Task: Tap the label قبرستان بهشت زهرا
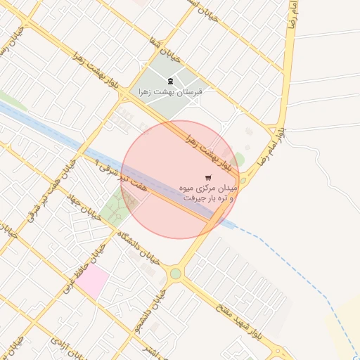[x=170, y=91]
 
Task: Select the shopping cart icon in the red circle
[x=207, y=177]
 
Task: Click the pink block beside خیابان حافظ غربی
[x=93, y=282]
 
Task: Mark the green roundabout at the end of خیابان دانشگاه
[x=175, y=274]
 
